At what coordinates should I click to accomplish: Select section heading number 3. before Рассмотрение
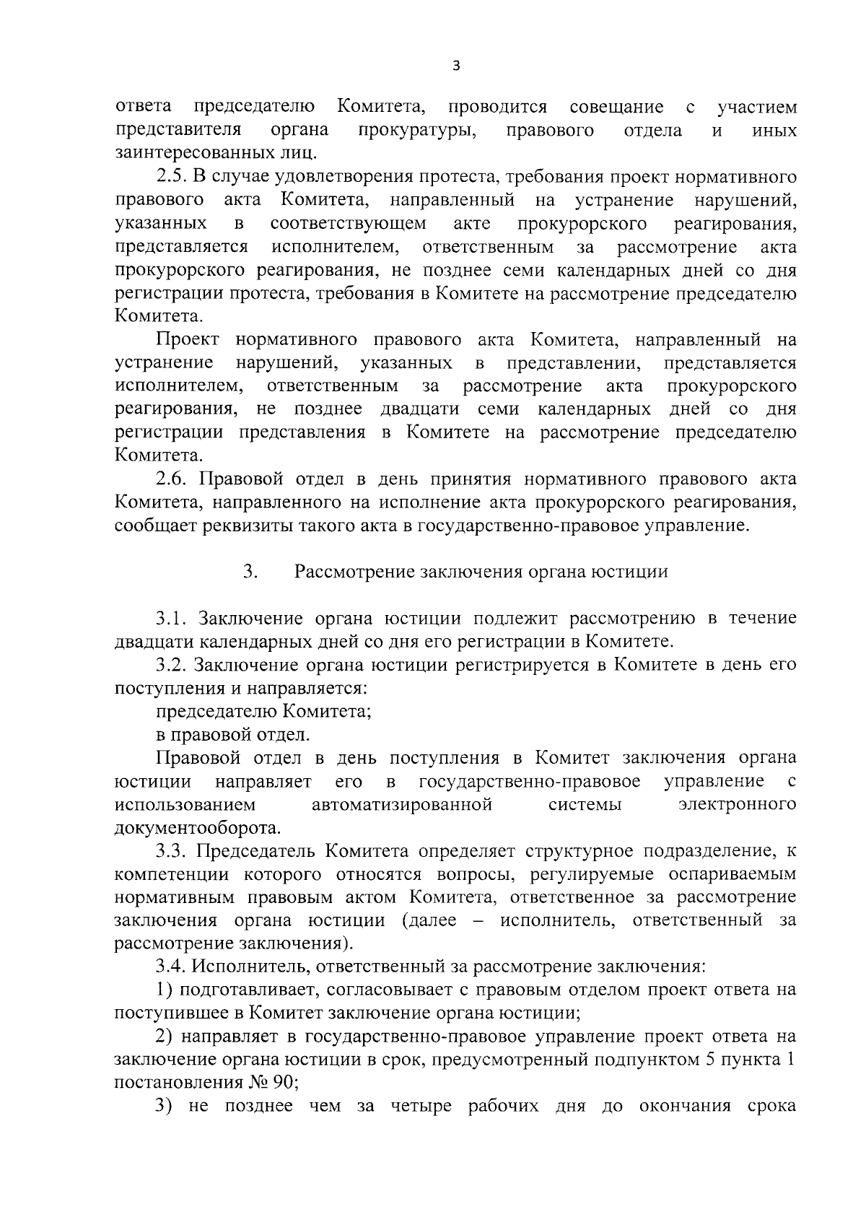(250, 572)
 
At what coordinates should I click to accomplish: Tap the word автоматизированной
(402, 804)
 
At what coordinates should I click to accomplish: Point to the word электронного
(738, 804)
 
